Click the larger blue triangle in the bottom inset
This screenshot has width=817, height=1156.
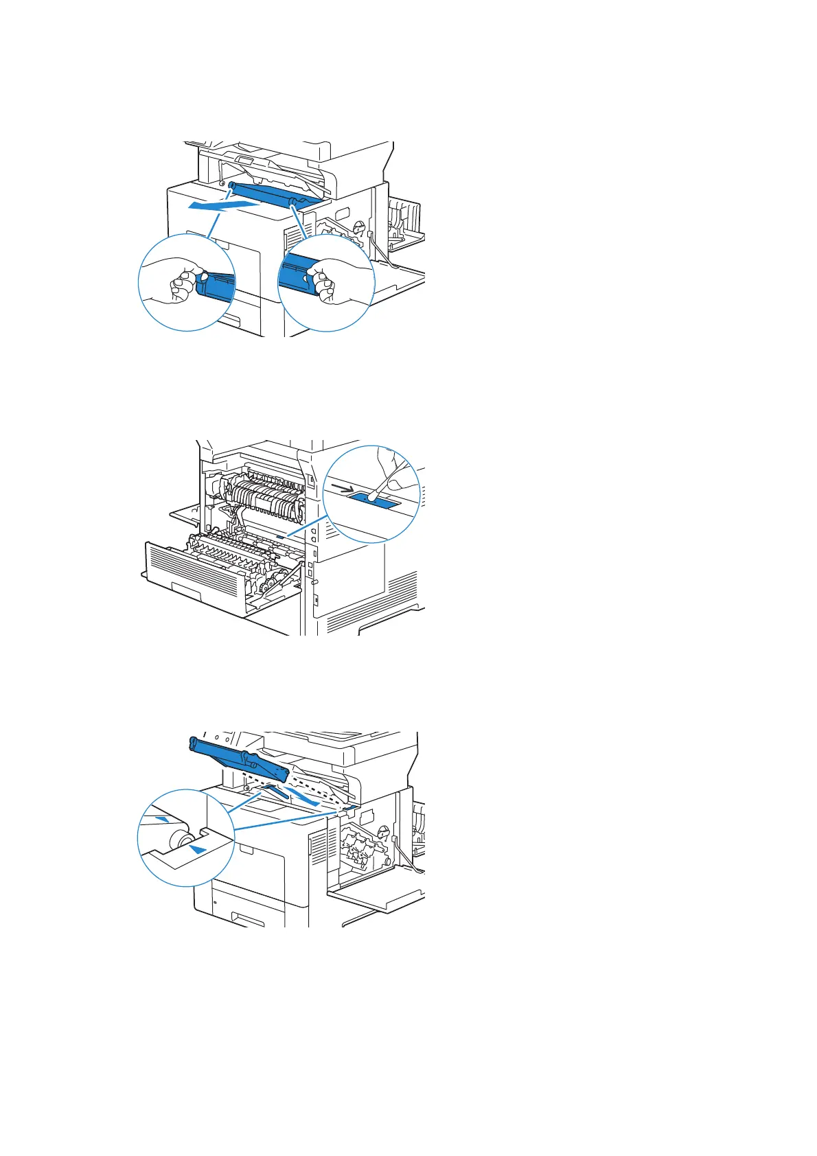[198, 850]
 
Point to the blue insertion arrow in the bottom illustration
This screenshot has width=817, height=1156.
[302, 796]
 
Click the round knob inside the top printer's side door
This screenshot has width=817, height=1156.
[357, 225]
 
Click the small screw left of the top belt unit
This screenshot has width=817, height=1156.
[222, 185]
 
